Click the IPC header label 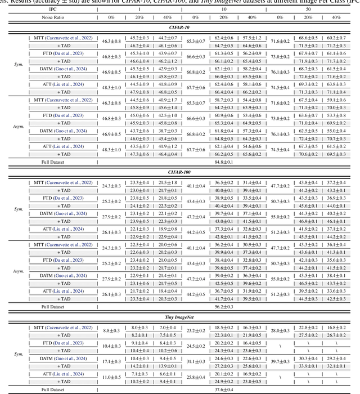(x=52, y=10)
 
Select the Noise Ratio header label (x=52, y=17)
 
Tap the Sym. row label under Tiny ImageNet (x=19, y=355)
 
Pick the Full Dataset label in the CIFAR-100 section (x=52, y=307)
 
